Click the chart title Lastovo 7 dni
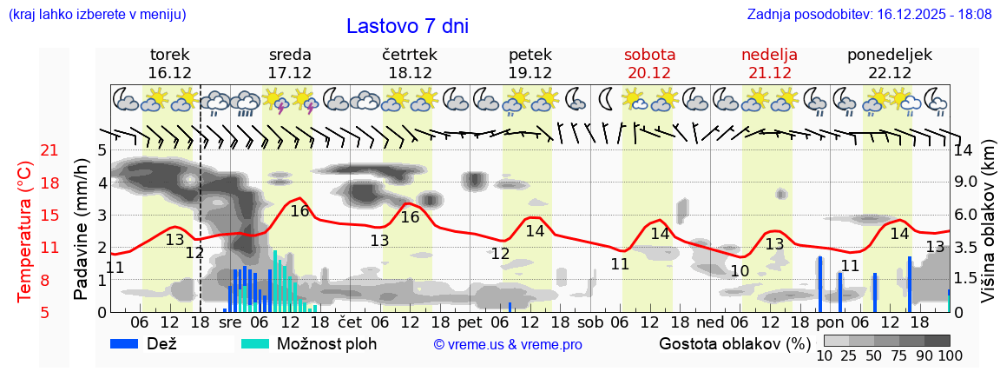(407, 26)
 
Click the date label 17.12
(290, 73)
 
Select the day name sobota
(649, 55)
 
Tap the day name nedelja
(769, 55)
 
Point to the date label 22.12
(889, 73)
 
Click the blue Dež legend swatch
(131, 343)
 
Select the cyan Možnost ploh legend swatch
(256, 343)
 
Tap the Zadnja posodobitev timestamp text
(869, 15)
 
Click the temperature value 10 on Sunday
(740, 271)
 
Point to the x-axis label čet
(350, 322)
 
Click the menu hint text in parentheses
(97, 15)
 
